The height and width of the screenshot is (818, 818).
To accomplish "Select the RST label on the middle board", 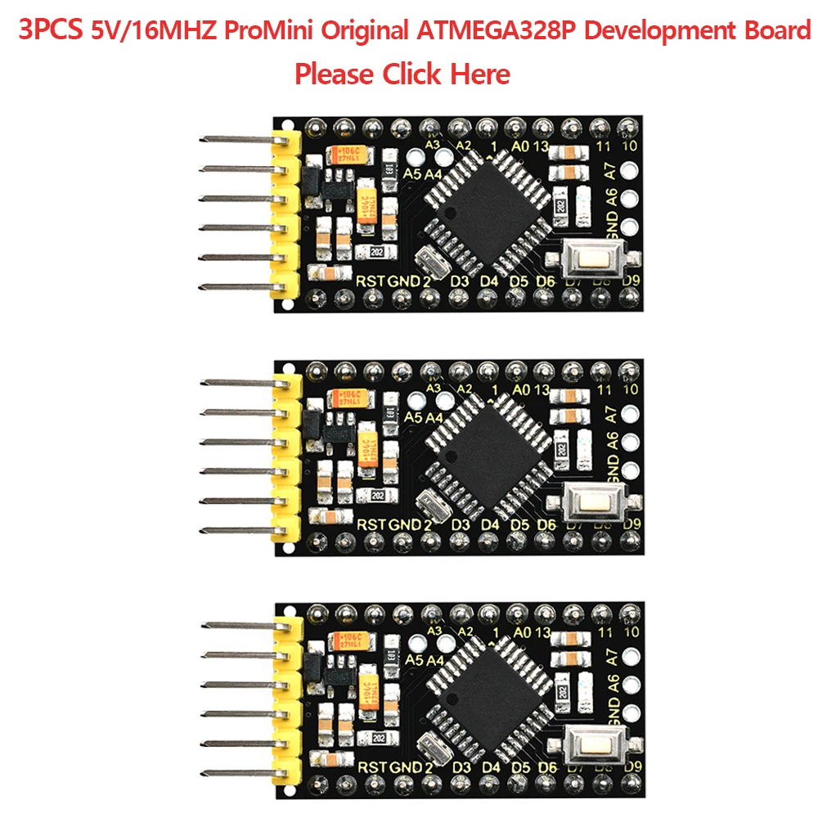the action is [372, 524].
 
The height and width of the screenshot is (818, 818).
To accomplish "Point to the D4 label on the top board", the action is [489, 281].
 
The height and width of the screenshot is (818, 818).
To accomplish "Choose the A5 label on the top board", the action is [414, 174].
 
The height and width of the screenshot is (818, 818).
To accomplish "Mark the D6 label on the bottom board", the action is [546, 768].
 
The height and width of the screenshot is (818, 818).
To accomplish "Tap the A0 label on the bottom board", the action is [519, 632].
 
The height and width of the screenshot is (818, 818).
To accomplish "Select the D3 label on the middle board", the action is [461, 524].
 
